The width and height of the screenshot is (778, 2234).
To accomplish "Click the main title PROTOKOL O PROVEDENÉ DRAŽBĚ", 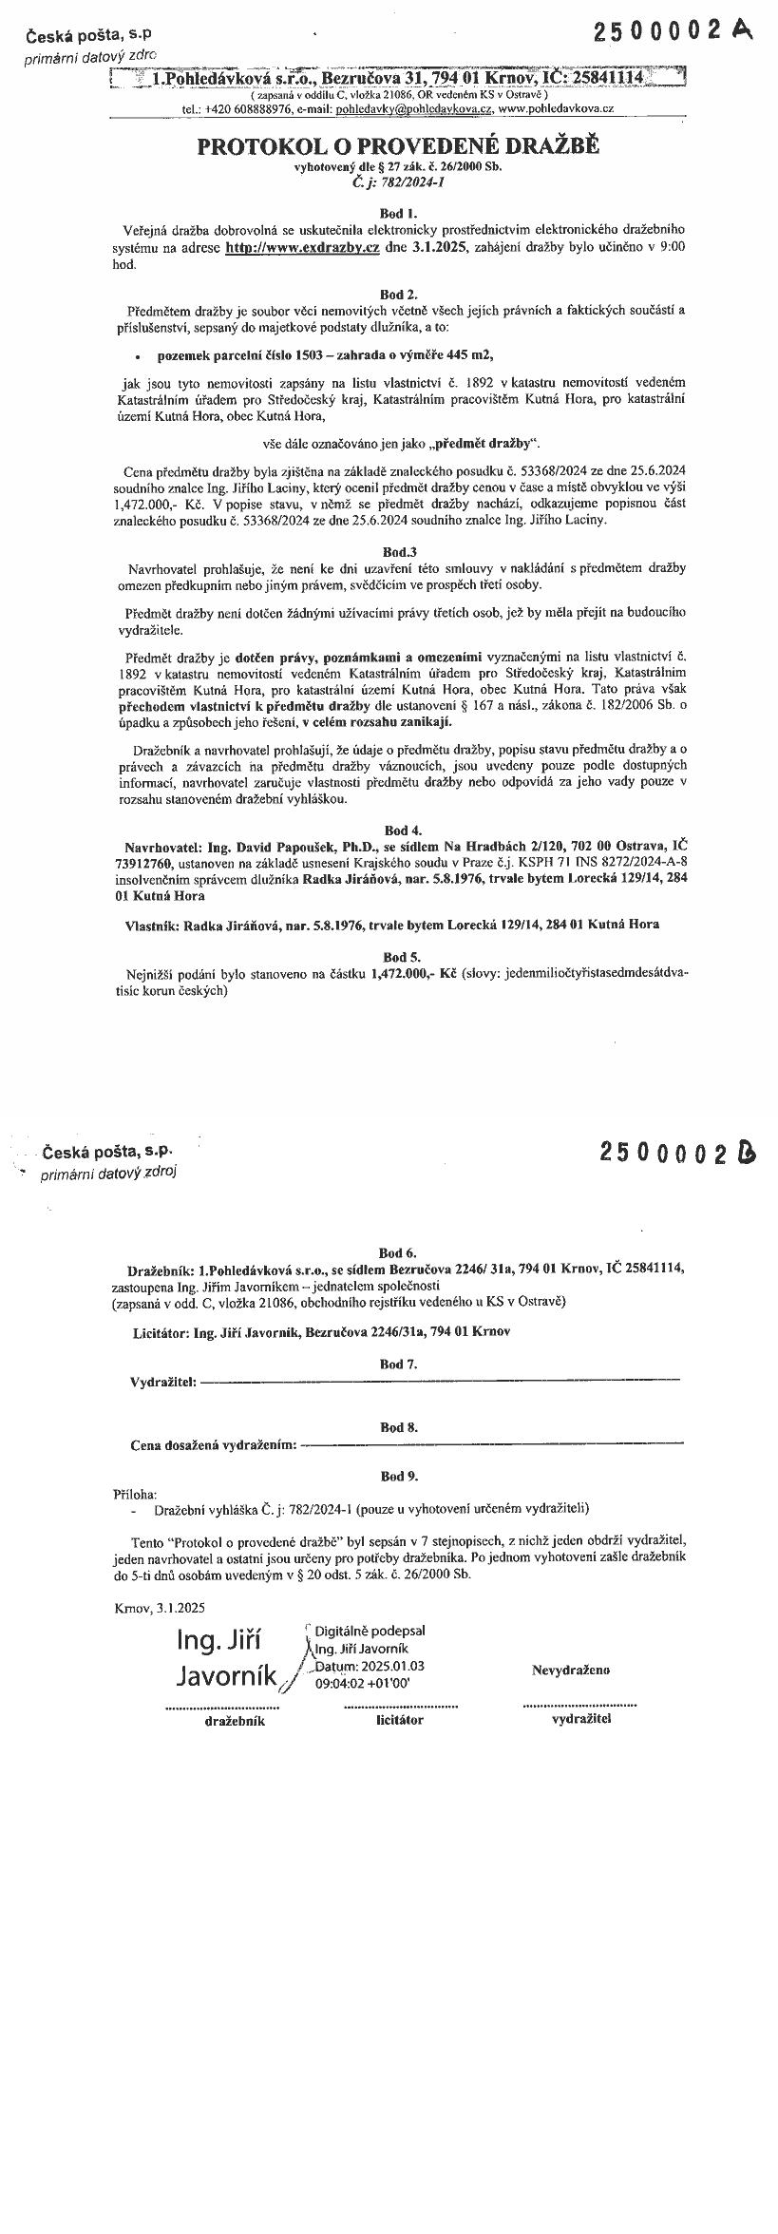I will [398, 147].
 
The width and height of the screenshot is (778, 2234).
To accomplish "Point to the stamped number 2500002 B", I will [678, 1153].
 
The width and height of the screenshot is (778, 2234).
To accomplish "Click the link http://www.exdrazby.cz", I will [302, 247].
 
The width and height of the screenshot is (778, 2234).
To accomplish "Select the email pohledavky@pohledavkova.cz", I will [414, 109].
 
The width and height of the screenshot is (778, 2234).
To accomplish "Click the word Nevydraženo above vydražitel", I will [570, 1670].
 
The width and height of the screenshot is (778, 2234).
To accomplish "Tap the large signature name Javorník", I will [226, 1675].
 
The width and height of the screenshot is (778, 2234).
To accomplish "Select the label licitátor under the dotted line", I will [400, 1719].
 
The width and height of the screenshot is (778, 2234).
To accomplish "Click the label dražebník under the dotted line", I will [235, 1720].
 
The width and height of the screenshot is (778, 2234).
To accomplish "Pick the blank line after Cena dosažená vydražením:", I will [492, 1445].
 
